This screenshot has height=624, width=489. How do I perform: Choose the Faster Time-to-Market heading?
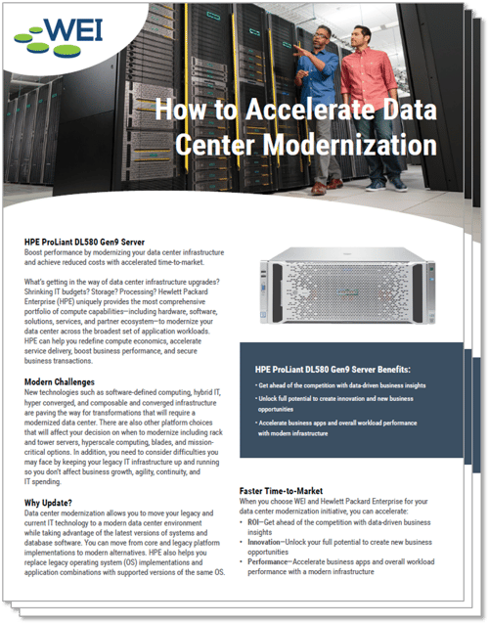[x=292, y=488]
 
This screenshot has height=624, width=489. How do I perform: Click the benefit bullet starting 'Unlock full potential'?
[x=333, y=403]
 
